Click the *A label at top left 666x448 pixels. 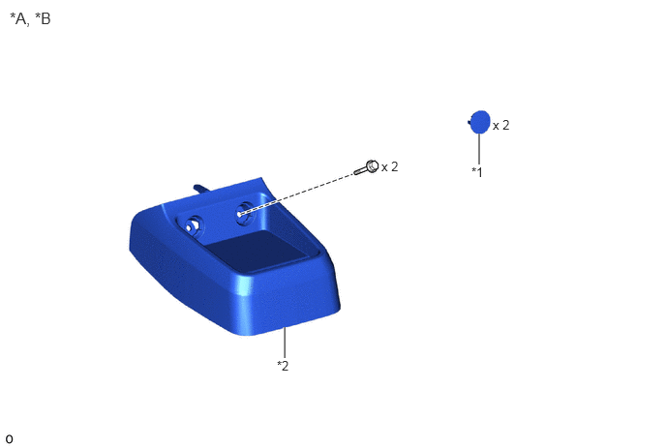pos(17,18)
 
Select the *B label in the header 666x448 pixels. pos(43,18)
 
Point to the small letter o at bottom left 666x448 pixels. pos(9,439)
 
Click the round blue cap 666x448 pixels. pos(480,122)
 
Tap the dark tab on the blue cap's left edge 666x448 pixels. pos(469,122)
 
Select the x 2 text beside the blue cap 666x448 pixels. pos(500,125)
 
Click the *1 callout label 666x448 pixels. pos(477,172)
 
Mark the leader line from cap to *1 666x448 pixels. pos(479,149)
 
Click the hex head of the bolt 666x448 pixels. pos(372,166)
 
